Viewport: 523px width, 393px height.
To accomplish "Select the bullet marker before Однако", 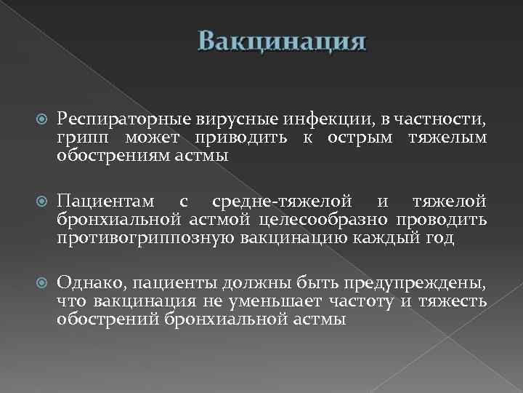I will [41, 282].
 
